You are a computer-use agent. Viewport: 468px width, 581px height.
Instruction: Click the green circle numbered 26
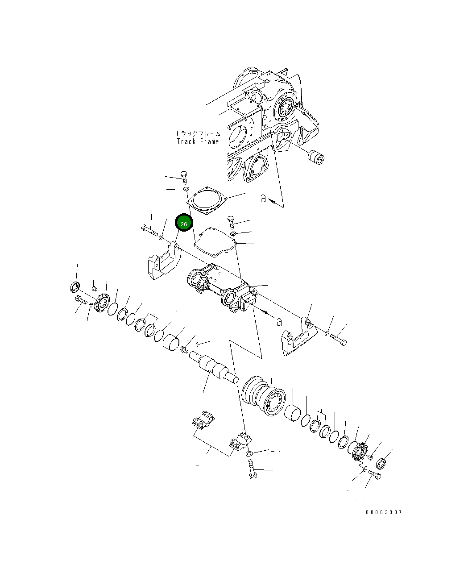pos(184,223)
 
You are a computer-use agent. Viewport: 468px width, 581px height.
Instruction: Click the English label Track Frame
pos(198,141)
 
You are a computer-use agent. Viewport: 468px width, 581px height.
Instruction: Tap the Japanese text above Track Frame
pos(198,133)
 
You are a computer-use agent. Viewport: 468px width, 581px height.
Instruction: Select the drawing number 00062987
pos(384,512)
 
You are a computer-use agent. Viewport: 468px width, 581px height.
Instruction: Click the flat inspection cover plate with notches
pos(215,241)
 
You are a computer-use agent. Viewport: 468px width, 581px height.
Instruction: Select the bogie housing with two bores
pos(221,288)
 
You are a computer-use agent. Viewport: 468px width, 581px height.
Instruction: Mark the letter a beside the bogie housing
pos(279,321)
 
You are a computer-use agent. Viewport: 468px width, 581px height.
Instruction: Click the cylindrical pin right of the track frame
pos(316,158)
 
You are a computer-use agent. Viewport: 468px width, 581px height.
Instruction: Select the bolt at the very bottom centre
pos(252,471)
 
